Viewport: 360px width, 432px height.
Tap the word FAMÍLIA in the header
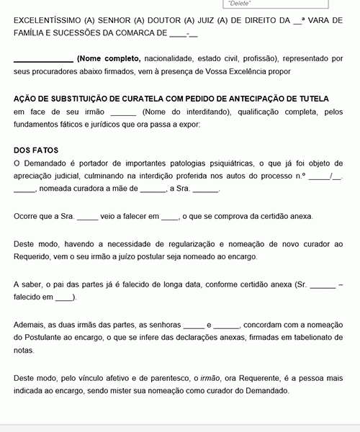point(30,33)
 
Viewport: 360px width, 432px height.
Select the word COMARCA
point(135,33)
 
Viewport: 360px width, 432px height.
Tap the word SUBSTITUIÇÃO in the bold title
point(81,99)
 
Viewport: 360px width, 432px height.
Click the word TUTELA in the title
point(310,99)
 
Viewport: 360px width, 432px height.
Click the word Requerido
point(34,256)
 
